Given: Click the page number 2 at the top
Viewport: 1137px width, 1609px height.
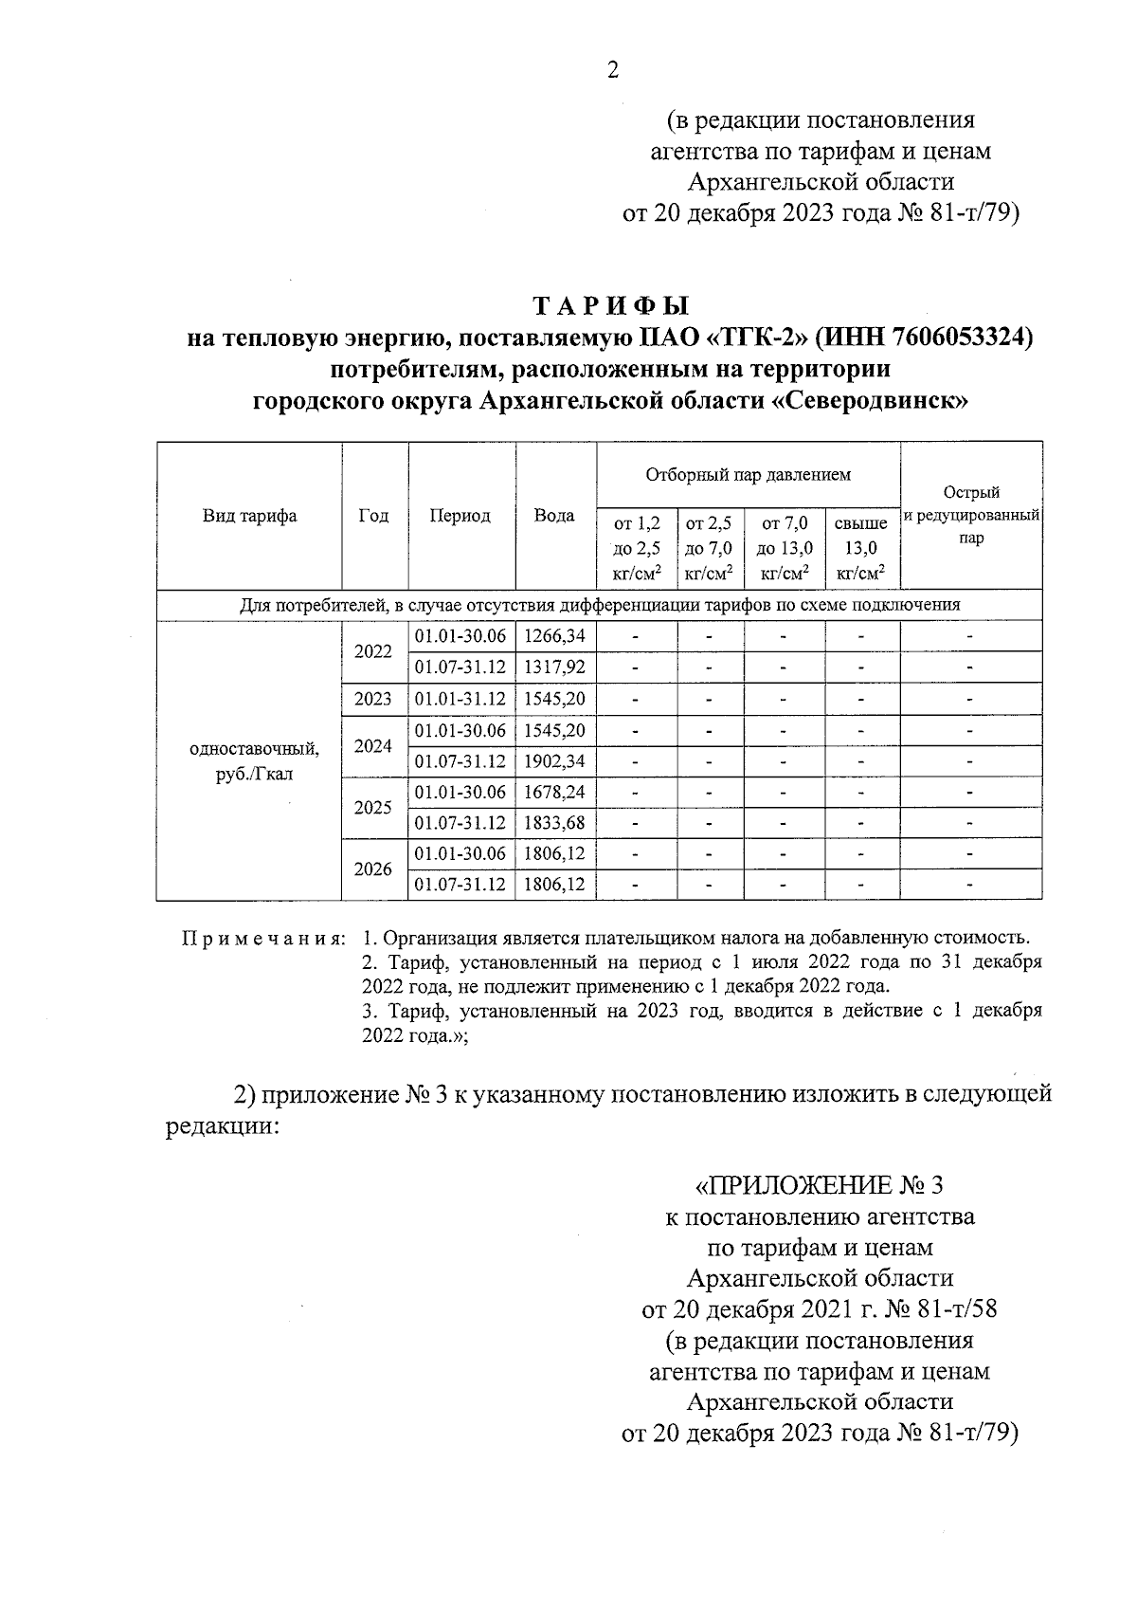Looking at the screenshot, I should [612, 70].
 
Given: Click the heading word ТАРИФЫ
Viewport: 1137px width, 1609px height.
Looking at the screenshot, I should [611, 306].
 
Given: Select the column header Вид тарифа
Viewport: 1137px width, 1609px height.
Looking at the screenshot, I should [249, 516].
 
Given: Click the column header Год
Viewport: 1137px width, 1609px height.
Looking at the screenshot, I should [374, 516].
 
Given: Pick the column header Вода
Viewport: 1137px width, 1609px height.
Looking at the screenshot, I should [554, 516].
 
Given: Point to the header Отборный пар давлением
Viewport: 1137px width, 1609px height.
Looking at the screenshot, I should [748, 474].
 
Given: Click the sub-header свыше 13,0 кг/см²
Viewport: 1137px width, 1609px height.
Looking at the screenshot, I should [860, 547].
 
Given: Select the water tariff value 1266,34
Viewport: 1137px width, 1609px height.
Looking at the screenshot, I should [555, 636].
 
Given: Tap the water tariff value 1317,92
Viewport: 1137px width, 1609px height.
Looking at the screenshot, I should [555, 667].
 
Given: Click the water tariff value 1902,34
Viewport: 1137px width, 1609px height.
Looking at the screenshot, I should [555, 760].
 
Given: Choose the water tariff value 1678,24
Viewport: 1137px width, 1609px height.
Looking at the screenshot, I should [555, 792].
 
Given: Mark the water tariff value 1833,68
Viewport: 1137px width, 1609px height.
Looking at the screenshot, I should [555, 822].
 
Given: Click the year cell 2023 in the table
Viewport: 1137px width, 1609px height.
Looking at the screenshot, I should [373, 699].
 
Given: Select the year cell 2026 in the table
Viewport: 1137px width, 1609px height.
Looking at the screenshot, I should [373, 868].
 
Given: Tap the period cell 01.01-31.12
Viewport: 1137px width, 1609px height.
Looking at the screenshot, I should [460, 699].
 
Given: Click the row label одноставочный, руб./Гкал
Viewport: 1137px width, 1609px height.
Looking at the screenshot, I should [255, 760].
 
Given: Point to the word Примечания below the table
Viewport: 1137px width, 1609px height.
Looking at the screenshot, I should [262, 939].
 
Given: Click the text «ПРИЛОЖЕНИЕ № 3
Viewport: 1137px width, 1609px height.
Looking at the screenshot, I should [820, 1185].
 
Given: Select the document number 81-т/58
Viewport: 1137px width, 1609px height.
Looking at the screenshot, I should [957, 1309].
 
